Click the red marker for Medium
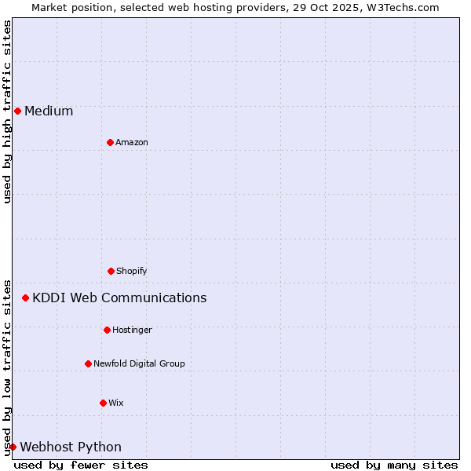(17, 111)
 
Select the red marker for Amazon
(110, 142)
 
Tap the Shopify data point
(111, 271)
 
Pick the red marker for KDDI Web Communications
(26, 298)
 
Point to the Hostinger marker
(107, 330)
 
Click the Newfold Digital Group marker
(88, 363)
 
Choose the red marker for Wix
(103, 403)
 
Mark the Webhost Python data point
(13, 447)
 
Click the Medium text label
(49, 111)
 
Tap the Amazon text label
(132, 143)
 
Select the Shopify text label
(132, 272)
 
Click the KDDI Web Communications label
(119, 298)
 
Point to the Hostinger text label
(132, 330)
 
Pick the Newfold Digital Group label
(139, 364)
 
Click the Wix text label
(116, 403)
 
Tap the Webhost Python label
(71, 447)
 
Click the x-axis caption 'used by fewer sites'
(81, 465)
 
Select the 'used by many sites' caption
(394, 465)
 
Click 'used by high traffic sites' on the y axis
(7, 111)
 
